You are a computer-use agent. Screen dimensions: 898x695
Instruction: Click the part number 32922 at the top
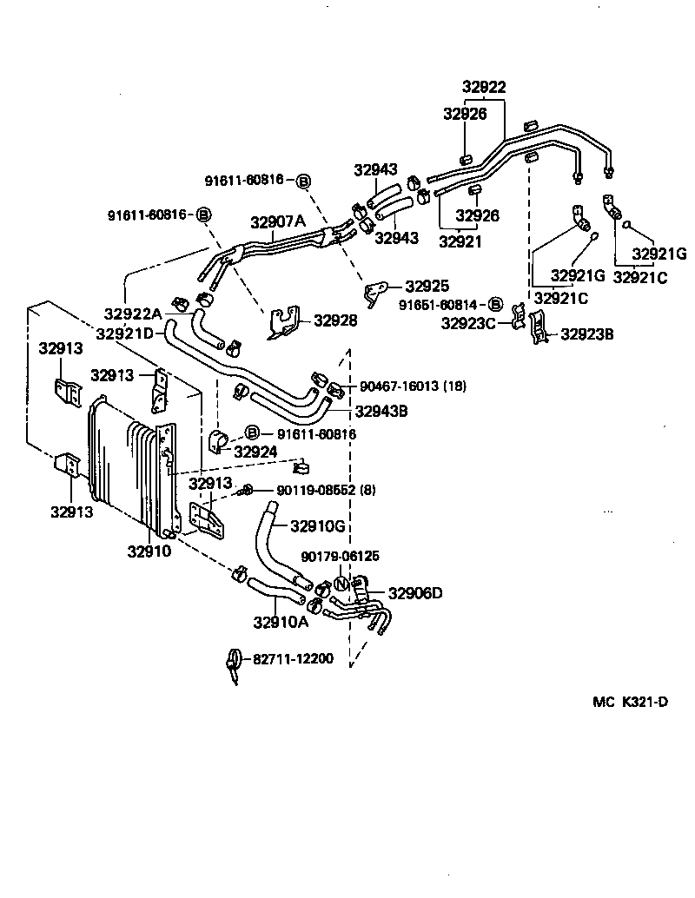(484, 87)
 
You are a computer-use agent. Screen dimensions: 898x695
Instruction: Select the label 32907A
(279, 221)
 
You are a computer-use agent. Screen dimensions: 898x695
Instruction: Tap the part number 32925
(427, 285)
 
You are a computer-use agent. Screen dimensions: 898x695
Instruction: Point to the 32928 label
(334, 320)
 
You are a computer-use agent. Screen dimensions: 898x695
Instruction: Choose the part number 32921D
(125, 333)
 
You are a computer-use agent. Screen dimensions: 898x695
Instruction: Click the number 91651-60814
(439, 305)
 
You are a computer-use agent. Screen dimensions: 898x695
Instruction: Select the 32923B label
(587, 333)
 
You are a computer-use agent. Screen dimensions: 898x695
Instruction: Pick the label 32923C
(468, 324)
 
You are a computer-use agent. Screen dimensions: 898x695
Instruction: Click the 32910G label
(318, 525)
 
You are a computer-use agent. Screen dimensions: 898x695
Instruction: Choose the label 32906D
(414, 593)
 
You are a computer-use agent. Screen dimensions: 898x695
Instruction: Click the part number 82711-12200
(293, 659)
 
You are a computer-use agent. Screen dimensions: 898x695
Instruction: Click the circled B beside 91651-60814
(495, 305)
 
